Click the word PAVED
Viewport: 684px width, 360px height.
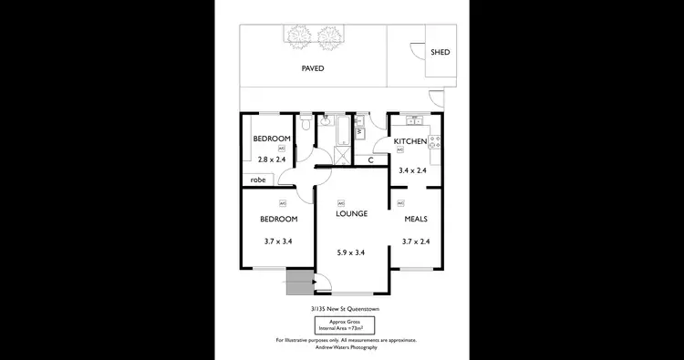[313, 68]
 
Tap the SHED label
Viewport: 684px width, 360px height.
[440, 53]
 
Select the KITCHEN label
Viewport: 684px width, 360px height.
[409, 141]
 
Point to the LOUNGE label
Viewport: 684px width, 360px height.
[351, 214]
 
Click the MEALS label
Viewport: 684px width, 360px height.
[415, 220]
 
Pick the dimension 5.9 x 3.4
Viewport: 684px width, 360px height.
[351, 252]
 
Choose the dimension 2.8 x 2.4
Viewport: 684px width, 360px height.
[271, 159]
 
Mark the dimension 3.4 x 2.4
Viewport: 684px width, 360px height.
[413, 170]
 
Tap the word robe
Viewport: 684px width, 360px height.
[258, 180]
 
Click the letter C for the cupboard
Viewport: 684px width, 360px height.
[370, 160]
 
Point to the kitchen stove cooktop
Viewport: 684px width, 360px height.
[435, 141]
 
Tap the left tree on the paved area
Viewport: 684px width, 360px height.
[298, 36]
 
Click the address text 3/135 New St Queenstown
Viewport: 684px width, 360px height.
[346, 309]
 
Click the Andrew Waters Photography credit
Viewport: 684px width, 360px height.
[346, 347]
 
